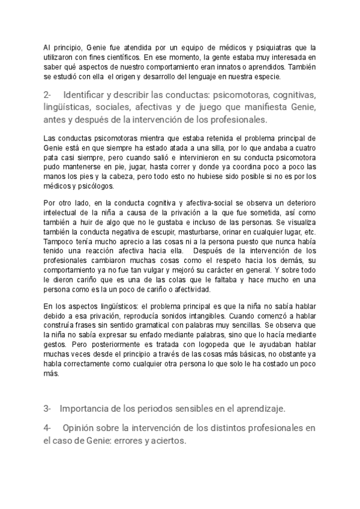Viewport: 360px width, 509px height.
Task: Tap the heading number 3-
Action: coord(47,409)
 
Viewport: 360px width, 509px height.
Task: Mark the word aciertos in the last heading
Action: coord(167,440)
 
